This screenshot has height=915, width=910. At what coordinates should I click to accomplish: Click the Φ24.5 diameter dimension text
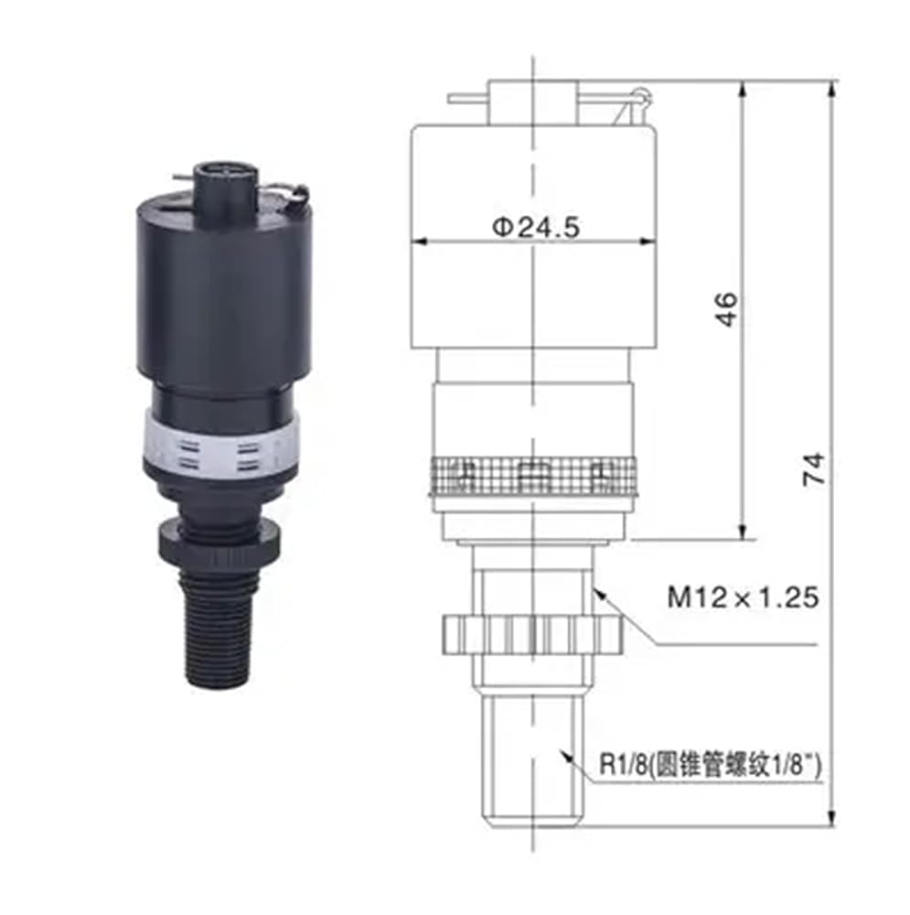(x=536, y=226)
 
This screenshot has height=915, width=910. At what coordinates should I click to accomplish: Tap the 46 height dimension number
(x=726, y=309)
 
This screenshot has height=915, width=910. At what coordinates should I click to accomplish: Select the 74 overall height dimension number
(x=814, y=468)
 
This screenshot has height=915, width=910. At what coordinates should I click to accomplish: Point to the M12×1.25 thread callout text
(x=743, y=597)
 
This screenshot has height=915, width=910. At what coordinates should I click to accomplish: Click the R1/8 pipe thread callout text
(x=711, y=764)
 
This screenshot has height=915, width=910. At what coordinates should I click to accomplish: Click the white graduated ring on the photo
(x=222, y=447)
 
